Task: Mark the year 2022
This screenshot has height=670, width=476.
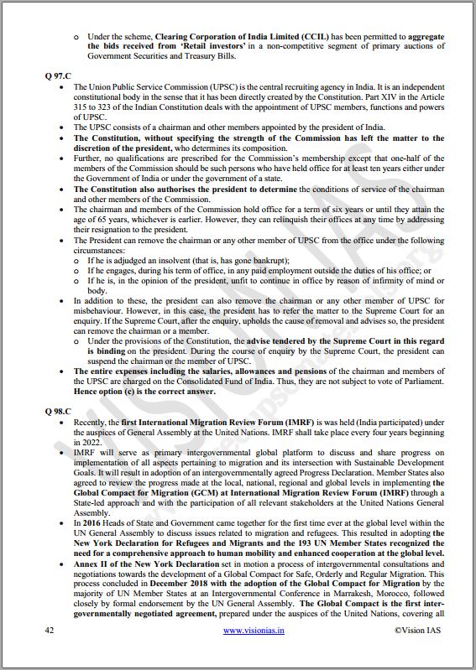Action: pos(86,443)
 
